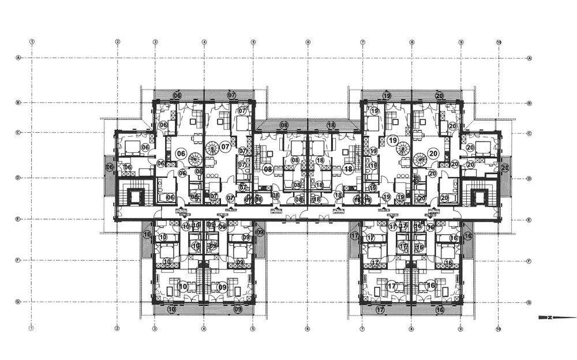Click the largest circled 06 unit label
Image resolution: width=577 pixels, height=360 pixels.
pyautogui.click(x=181, y=153)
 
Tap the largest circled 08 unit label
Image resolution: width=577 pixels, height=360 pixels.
pyautogui.click(x=268, y=169)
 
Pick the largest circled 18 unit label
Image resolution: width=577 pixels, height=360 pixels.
pyautogui.click(x=348, y=169)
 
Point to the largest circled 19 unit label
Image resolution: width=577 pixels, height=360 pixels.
pyautogui.click(x=393, y=140)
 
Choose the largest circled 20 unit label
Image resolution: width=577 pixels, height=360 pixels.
pyautogui.click(x=434, y=153)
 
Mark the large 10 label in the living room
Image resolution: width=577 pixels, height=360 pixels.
pyautogui.click(x=182, y=286)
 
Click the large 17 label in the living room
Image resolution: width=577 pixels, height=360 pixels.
pyautogui.click(x=392, y=286)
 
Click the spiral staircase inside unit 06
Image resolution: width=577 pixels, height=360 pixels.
pyautogui.click(x=196, y=158)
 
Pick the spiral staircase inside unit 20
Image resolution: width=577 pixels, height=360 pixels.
pyautogui.click(x=420, y=158)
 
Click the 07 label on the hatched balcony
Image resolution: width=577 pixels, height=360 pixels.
pyautogui.click(x=232, y=95)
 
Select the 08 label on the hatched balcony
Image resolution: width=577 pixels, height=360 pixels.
pyautogui.click(x=284, y=125)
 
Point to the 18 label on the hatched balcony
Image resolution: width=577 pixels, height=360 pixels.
pyautogui.click(x=331, y=125)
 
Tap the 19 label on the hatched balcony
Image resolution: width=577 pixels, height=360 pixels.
pyautogui.click(x=387, y=95)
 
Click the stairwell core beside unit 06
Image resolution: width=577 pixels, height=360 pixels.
pyautogui.click(x=137, y=196)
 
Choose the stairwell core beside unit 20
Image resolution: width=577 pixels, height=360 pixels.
pyautogui.click(x=478, y=196)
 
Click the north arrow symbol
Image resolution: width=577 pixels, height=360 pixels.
pyautogui.click(x=546, y=317)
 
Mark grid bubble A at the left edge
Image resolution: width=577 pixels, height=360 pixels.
pyautogui.click(x=19, y=58)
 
